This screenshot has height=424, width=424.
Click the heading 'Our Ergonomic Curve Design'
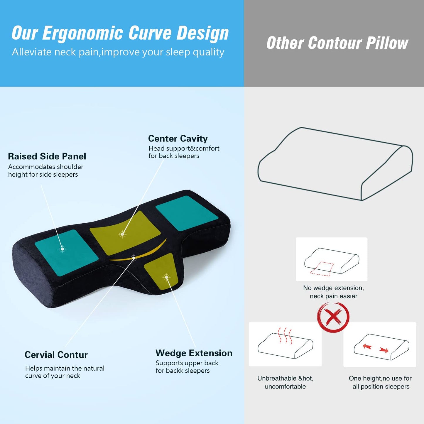coord(120,33)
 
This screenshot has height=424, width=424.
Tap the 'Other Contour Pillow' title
coord(337,43)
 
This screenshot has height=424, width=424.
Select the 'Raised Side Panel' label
coord(47,156)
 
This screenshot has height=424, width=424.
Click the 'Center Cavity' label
coord(178,138)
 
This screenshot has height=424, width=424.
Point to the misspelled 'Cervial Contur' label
coord(56,355)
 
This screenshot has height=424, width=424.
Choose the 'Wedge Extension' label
coord(194,353)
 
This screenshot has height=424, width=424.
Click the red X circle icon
coord(333,317)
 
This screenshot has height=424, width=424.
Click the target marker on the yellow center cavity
coord(123,234)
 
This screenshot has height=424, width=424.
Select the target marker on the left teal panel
coord(62,249)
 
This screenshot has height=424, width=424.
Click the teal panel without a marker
coord(187,213)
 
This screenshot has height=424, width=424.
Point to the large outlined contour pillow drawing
coord(335,164)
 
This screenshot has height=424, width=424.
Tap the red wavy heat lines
coord(285,335)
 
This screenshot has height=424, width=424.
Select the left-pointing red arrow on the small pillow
coord(367,347)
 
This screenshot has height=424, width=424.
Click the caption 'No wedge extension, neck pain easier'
coord(333,292)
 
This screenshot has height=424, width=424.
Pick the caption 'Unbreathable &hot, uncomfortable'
coord(285,382)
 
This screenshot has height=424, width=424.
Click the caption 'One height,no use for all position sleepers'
coord(380,382)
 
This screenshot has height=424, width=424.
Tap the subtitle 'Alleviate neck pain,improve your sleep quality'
coord(118,52)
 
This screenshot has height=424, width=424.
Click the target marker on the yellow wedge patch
coord(167,277)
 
